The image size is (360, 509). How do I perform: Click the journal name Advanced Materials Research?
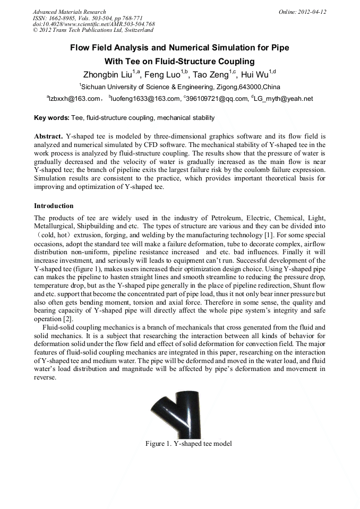(69, 12)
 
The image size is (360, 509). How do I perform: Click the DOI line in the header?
(93, 24)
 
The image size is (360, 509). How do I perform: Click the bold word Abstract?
(48, 136)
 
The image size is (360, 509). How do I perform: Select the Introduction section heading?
(54, 205)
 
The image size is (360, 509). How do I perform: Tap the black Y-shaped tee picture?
(181, 414)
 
